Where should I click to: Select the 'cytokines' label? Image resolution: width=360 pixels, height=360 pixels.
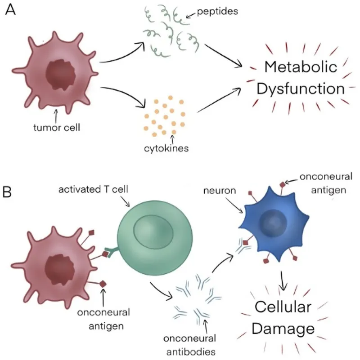click(x=173, y=148)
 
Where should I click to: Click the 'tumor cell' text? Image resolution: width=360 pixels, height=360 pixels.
click(x=57, y=127)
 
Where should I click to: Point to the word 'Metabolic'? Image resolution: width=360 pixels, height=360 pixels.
click(x=301, y=67)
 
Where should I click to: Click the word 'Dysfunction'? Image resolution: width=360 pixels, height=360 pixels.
click(x=301, y=89)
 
